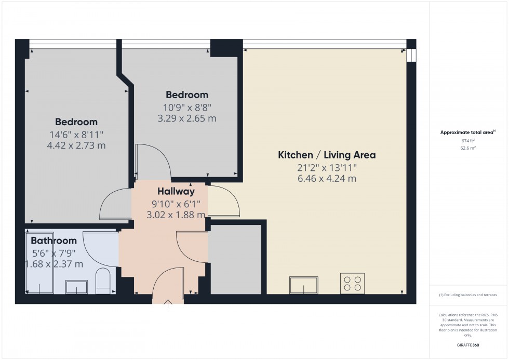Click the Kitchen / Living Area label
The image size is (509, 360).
(327, 155)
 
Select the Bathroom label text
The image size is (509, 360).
(53, 241)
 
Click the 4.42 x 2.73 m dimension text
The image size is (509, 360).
(76, 145)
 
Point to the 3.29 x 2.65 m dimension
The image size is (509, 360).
(187, 118)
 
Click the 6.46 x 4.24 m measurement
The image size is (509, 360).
(327, 179)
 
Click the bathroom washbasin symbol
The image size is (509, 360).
(77, 287)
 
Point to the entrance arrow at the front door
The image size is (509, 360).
(169, 304)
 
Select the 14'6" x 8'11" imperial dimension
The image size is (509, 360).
(76, 134)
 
